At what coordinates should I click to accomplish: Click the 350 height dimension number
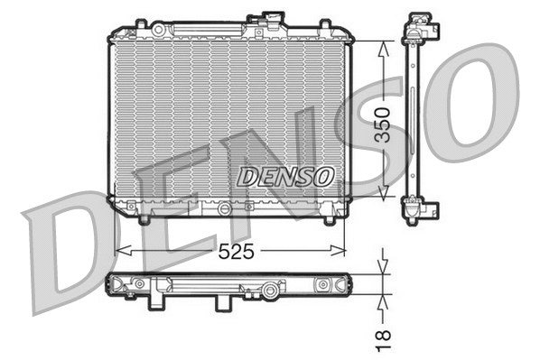pyautogui.click(x=383, y=121)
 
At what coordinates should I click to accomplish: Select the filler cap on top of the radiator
pyautogui.click(x=270, y=19)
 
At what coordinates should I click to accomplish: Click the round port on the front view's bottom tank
pyautogui.click(x=223, y=207)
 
